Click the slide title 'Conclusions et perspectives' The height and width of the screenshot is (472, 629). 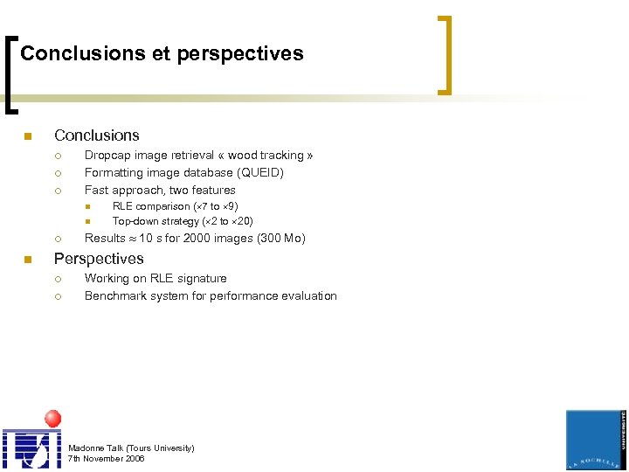162,53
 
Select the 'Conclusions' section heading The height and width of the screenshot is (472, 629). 96,135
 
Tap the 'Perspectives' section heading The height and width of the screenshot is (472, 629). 99,259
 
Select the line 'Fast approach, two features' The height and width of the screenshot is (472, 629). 160,190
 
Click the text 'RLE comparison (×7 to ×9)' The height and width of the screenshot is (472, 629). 175,206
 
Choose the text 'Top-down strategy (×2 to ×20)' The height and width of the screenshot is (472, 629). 183,221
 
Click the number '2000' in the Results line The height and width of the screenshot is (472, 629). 197,238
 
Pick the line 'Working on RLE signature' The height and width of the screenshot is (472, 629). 156,278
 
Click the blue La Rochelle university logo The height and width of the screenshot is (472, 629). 596,440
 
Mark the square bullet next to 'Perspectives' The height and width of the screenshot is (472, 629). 27,260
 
